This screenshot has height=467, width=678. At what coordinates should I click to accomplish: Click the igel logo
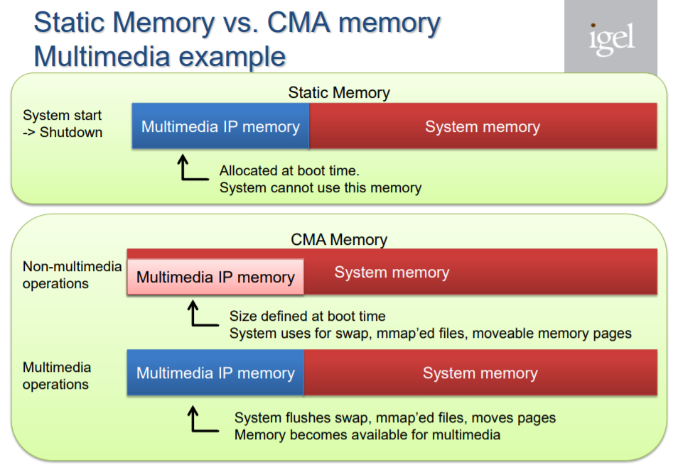pos(611,38)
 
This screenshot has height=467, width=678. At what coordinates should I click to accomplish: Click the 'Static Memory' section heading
pos(339,92)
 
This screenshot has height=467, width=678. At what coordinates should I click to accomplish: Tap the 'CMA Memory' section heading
pos(339,239)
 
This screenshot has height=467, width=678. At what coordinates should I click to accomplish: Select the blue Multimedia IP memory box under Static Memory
pos(220,126)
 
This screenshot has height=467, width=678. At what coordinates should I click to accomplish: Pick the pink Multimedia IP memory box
pos(215,277)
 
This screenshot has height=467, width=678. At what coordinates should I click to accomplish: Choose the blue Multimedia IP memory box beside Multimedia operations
pos(215,373)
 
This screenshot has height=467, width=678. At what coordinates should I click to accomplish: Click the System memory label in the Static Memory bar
pos(483,126)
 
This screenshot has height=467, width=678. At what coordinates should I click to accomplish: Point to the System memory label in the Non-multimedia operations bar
pos(392,272)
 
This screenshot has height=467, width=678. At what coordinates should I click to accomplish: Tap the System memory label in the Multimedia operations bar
pos(480,373)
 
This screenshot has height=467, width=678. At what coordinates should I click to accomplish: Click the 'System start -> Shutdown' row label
pos(63,123)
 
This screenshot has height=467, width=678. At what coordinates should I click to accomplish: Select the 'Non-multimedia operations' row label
pos(72,275)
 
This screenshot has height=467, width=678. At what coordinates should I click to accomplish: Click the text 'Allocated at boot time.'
pos(289,170)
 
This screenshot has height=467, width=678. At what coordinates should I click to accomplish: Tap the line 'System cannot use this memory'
pos(321,188)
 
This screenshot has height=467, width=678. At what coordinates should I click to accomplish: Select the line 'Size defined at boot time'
pos(308,317)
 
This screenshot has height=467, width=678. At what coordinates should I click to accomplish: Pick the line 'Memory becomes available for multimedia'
pos(367,434)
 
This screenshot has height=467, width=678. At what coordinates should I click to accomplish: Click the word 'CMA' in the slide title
pos(298,23)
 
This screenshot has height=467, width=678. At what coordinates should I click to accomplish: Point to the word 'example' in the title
pos(232,57)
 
